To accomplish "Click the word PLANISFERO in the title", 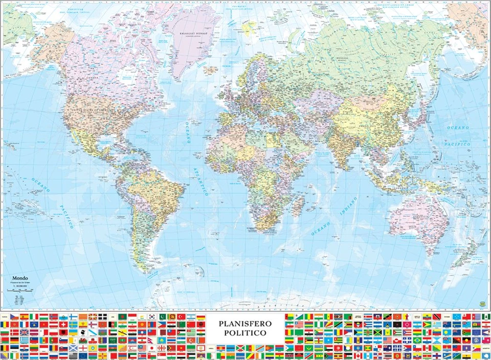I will pos(245,323).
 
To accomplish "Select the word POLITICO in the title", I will pos(245,333).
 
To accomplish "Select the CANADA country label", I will pos(93,78).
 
